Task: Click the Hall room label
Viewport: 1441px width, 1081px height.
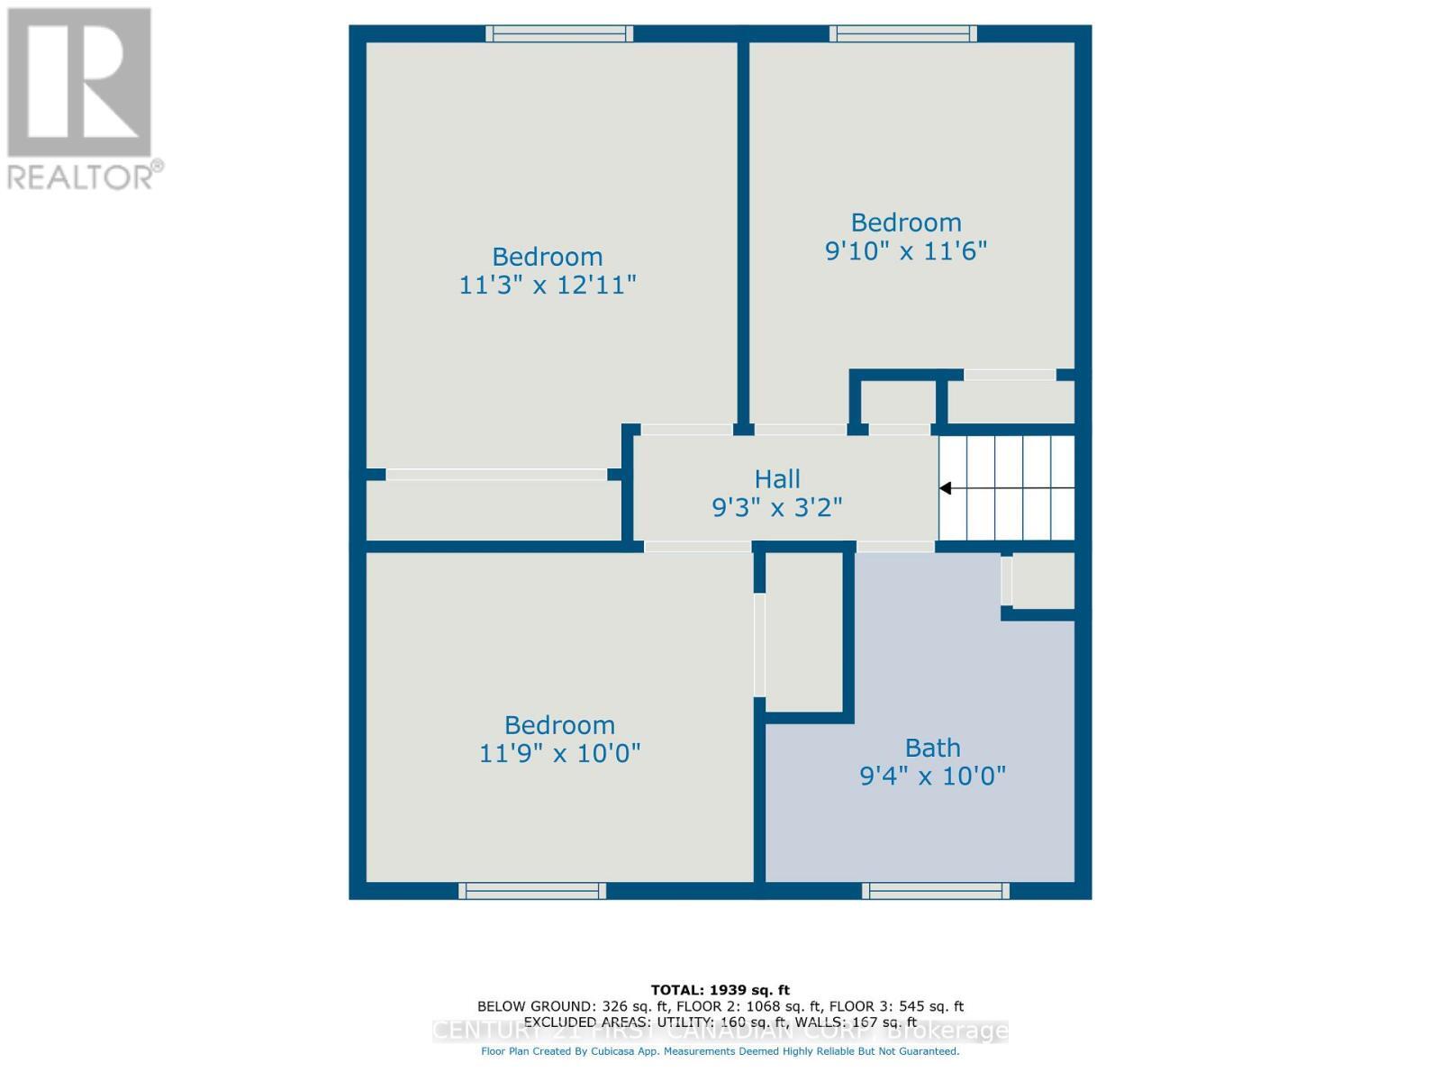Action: point(777,478)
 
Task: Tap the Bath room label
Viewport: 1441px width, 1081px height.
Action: point(932,748)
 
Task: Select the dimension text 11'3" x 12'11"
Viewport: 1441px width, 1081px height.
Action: point(548,286)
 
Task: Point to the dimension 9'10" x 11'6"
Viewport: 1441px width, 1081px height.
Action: point(906,250)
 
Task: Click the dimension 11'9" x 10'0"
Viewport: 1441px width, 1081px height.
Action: point(559,753)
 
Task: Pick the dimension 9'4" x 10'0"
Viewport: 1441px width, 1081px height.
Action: point(932,776)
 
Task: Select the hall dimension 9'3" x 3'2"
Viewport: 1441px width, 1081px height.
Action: point(777,508)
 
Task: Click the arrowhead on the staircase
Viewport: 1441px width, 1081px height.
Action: point(946,488)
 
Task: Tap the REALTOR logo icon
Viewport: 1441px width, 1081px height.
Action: point(79,83)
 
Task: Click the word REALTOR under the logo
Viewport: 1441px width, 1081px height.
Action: point(81,176)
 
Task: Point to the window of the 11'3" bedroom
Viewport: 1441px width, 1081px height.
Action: point(559,33)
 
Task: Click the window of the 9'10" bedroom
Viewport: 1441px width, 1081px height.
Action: point(903,33)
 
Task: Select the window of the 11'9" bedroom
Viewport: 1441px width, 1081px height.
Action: point(532,891)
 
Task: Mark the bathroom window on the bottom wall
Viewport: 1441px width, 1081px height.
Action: point(936,891)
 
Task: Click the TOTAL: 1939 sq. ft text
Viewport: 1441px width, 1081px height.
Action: point(720,990)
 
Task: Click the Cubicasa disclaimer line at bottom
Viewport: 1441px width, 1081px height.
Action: point(720,1051)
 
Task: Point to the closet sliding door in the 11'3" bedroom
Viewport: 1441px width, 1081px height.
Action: point(496,474)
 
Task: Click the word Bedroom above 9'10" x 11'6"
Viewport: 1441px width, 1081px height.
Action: point(906,223)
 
